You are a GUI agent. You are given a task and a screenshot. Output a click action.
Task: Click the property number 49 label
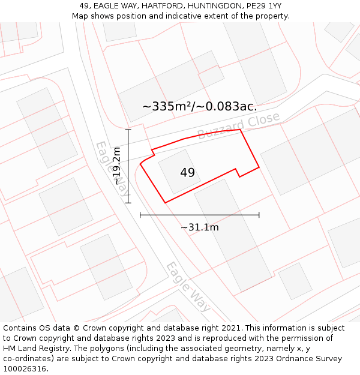[187, 173]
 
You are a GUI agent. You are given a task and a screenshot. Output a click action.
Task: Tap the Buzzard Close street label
[238, 125]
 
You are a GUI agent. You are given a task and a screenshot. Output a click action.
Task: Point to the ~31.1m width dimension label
[199, 227]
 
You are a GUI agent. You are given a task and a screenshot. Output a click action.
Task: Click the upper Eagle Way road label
[112, 170]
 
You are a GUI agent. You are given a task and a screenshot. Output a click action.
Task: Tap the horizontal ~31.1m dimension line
[199, 214]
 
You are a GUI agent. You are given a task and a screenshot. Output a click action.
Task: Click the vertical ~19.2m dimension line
[128, 166]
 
